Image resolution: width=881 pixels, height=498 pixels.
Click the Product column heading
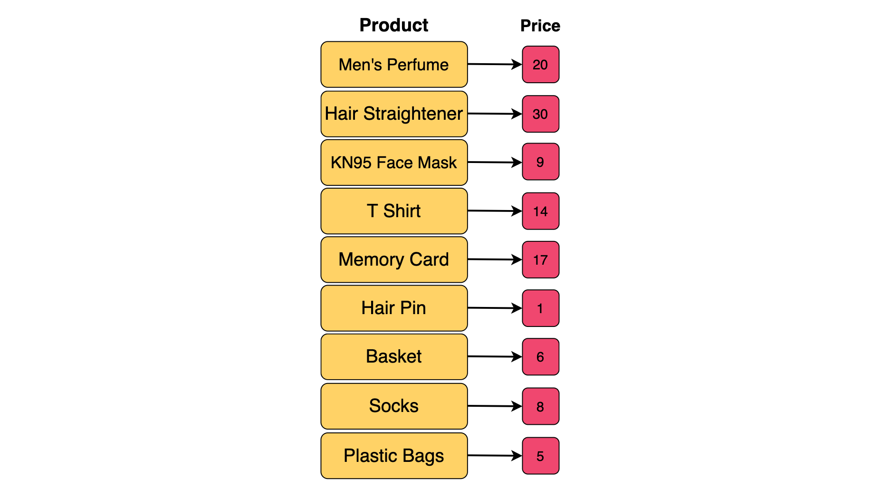[393, 25]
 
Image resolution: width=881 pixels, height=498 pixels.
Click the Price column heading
[540, 26]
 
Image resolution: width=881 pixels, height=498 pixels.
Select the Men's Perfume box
[394, 65]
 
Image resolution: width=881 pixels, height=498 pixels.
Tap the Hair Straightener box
[394, 114]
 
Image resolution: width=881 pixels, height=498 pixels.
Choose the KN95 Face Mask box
[394, 163]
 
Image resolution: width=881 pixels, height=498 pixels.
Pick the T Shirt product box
[394, 211]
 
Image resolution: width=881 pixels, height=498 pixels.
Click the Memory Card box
[394, 259]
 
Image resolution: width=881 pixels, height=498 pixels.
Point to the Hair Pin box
[394, 308]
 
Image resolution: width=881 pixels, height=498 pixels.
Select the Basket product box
[394, 356]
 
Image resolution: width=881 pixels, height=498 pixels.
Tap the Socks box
[394, 406]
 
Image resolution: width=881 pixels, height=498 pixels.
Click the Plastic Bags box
[394, 455]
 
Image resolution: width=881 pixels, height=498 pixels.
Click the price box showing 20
[540, 65]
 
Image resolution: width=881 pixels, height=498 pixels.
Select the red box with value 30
[540, 114]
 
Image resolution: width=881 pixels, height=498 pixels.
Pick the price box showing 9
[540, 162]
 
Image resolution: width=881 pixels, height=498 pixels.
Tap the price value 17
[540, 260]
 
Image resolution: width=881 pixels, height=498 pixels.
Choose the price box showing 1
[540, 308]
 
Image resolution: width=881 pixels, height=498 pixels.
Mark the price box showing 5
[540, 456]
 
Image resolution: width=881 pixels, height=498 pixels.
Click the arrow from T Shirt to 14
[494, 211]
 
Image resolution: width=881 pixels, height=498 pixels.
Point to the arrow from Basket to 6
[494, 356]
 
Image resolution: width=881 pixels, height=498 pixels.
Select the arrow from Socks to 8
[494, 406]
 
